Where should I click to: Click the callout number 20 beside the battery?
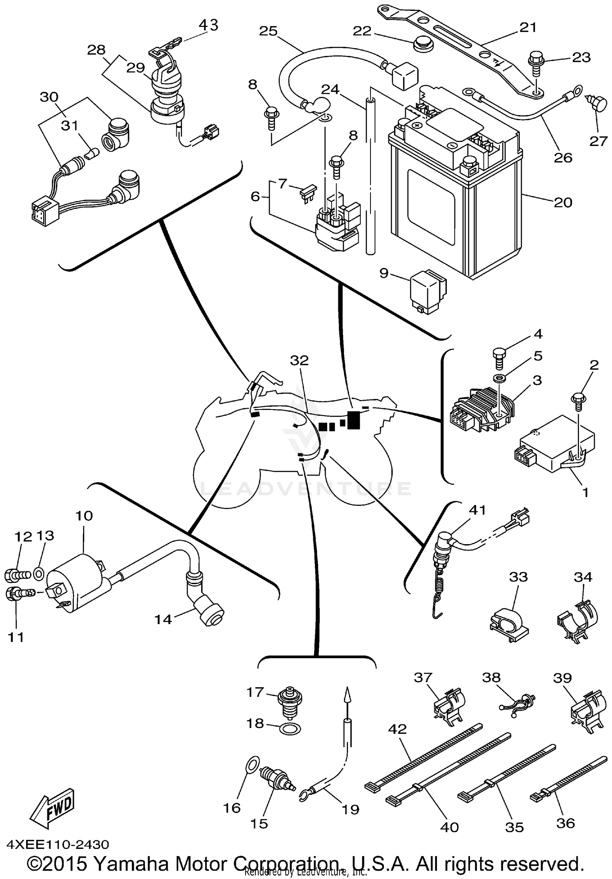point(563,202)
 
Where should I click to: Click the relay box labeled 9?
point(428,292)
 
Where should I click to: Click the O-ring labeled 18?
point(290,728)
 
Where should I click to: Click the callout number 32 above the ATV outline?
point(299,360)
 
